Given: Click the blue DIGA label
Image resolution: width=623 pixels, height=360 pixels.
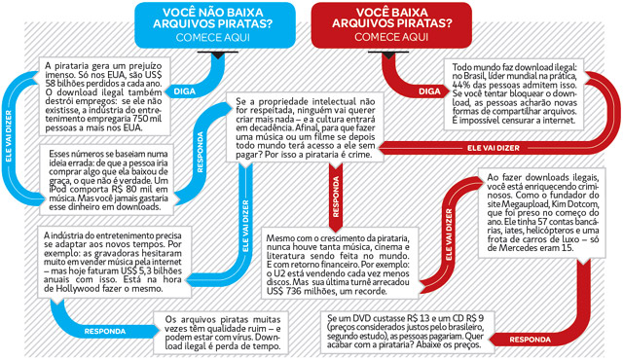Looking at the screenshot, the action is click(x=184, y=90).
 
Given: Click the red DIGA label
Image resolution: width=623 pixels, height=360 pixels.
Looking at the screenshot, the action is click(x=428, y=90).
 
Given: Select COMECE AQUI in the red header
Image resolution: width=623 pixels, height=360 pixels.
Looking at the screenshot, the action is click(x=389, y=38).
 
